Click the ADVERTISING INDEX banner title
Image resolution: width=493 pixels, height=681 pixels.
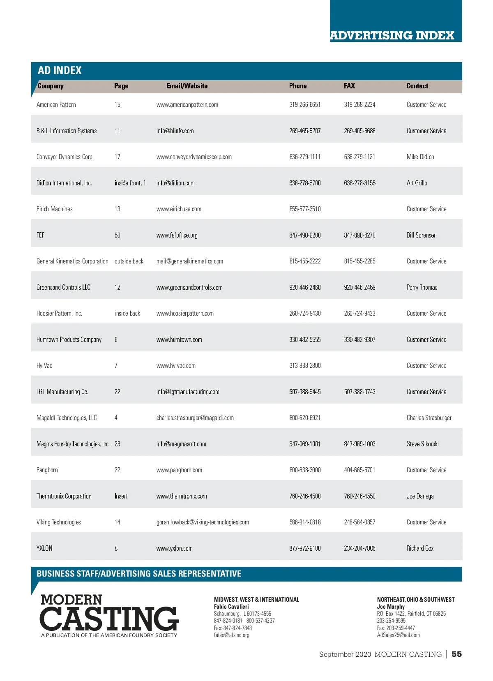point(392,35)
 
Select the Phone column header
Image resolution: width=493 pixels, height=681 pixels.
point(297,86)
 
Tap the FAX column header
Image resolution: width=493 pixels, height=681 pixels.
point(349,86)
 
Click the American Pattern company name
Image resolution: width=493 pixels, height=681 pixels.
point(56,105)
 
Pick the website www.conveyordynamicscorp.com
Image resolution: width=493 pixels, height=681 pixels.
point(194,157)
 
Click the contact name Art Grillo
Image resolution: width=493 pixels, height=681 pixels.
point(417,183)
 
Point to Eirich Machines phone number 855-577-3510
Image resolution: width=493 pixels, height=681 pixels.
point(305,209)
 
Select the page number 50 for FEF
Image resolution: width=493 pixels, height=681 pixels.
point(117,235)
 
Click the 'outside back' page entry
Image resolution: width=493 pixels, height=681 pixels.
point(129,261)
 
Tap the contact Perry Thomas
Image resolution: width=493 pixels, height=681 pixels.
point(422,287)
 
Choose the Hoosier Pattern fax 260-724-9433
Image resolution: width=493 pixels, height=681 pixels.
point(359,314)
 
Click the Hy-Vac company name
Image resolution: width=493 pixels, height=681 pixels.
point(44,366)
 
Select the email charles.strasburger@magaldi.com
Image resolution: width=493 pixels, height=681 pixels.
point(195,418)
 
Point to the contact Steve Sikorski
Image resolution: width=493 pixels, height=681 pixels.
point(422,444)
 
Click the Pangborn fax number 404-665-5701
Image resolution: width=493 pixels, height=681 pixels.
point(359,470)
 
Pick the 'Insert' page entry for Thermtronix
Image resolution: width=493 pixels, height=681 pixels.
point(121,496)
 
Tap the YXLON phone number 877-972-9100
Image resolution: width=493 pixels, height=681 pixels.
point(305,548)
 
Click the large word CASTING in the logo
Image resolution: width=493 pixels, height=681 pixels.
point(109,619)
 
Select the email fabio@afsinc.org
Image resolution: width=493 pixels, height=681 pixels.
point(231,635)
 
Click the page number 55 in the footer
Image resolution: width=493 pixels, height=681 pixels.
point(456,654)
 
